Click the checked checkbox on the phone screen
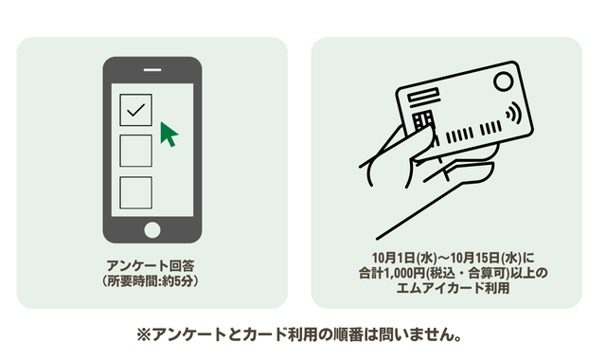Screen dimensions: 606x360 click(135, 110)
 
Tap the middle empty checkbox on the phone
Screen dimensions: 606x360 click(135, 151)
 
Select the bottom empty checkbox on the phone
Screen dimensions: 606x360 click(135, 192)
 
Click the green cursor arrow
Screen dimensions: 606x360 click(169, 135)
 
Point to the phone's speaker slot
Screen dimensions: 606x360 click(152, 70)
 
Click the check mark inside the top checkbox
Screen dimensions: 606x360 click(135, 110)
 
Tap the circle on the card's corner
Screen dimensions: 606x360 click(503, 81)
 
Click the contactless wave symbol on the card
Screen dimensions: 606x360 click(514, 113)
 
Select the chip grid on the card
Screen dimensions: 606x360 click(424, 122)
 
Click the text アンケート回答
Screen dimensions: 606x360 click(151, 265)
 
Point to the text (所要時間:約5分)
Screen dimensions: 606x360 click(151, 281)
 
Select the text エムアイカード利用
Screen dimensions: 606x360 click(453, 288)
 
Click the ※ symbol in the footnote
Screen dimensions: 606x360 click(143, 334)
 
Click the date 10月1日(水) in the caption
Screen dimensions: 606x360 click(404, 258)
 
